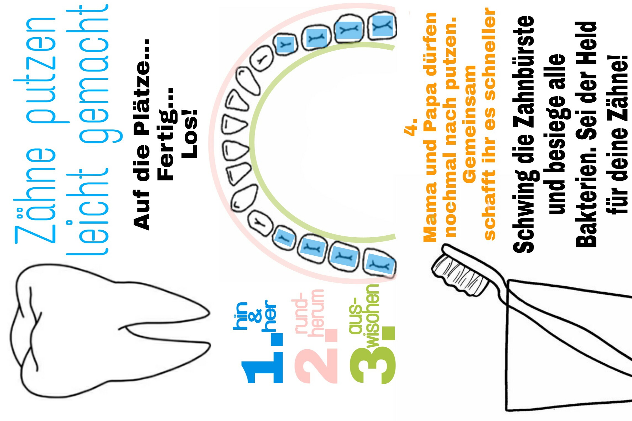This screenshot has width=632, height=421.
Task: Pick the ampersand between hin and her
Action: pyautogui.click(x=255, y=316)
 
